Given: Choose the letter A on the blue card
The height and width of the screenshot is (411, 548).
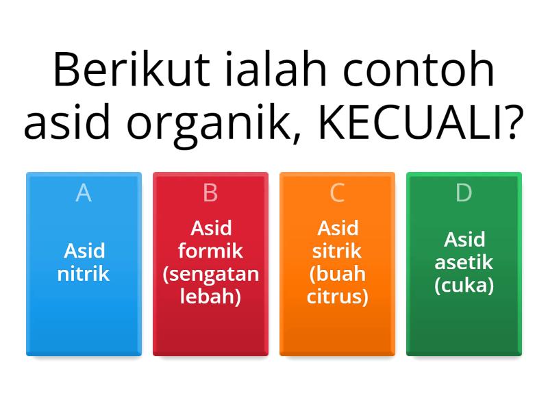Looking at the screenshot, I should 84,194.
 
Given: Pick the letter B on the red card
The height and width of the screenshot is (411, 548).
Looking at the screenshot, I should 210,194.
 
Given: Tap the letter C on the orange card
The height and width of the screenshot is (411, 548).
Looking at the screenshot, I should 337,194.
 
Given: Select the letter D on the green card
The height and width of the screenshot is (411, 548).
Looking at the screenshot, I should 464,194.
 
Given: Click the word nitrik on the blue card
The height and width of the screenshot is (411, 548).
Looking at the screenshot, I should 84,275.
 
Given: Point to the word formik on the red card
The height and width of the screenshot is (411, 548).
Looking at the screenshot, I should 210,251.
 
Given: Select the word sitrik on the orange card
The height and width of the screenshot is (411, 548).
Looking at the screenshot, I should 337,251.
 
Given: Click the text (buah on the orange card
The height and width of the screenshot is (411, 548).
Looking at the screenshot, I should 337,275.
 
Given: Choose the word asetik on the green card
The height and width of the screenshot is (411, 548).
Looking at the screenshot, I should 464,263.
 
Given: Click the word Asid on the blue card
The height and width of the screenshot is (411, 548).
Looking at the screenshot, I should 84,251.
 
